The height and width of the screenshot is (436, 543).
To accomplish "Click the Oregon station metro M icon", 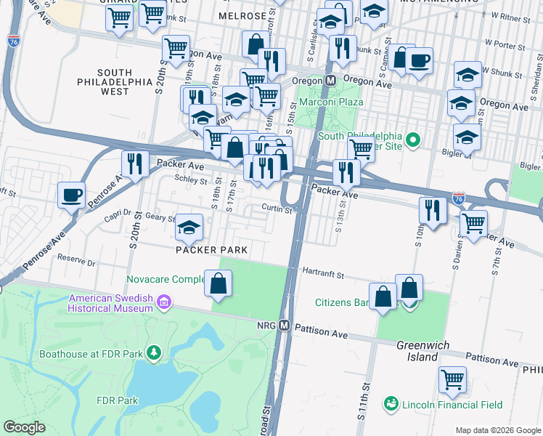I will pyautogui.click(x=330, y=81).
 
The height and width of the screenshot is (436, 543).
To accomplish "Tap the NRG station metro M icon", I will pyautogui.click(x=285, y=326).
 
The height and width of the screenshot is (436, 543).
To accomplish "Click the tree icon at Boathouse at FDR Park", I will pyautogui.click(x=153, y=353).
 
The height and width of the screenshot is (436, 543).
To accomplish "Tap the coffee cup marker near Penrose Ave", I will pyautogui.click(x=71, y=195).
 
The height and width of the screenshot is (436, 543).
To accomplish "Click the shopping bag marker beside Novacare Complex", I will pyautogui.click(x=219, y=283).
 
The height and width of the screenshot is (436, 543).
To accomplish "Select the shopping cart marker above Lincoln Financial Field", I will pyautogui.click(x=452, y=379).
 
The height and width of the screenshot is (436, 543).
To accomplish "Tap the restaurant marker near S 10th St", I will pyautogui.click(x=433, y=211).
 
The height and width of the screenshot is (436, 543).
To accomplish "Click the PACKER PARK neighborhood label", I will pyautogui.click(x=211, y=250).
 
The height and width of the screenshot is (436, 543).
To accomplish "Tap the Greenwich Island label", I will pyautogui.click(x=422, y=351).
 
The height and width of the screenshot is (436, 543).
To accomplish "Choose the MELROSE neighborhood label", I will pyautogui.click(x=243, y=15).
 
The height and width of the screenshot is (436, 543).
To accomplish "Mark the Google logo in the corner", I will pyautogui.click(x=25, y=427).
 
